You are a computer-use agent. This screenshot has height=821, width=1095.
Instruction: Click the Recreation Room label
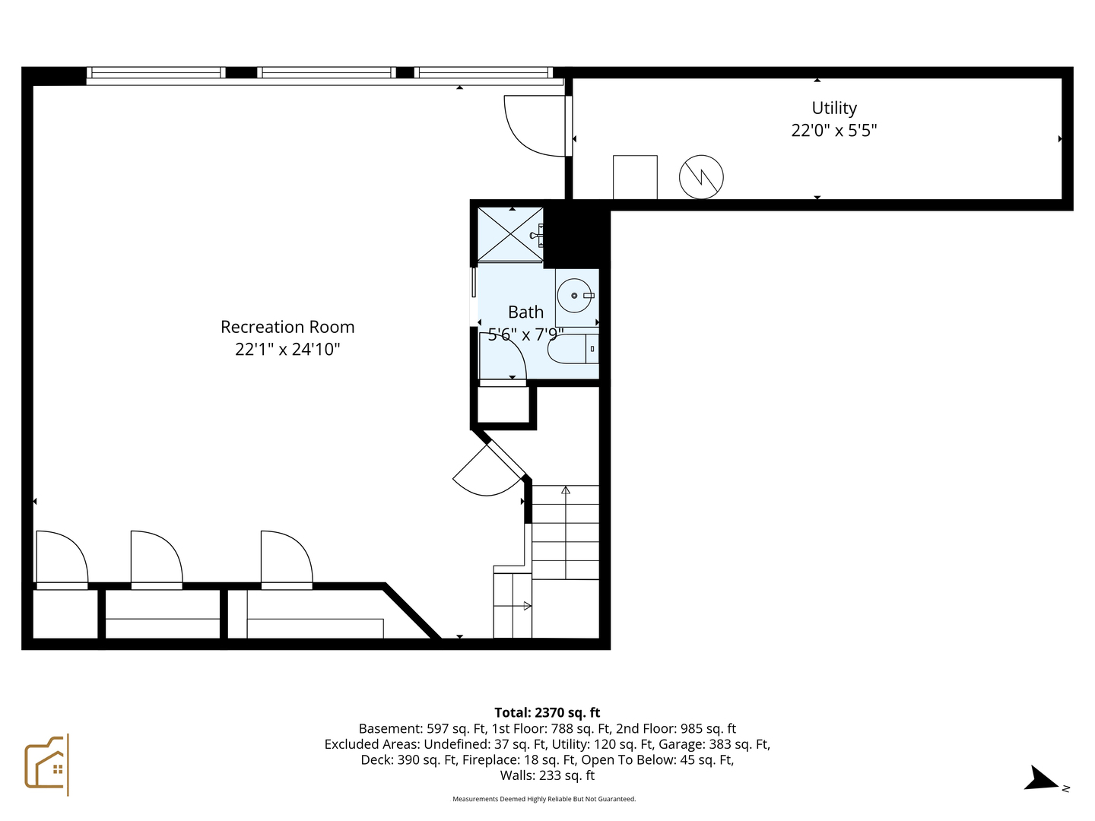coord(287,327)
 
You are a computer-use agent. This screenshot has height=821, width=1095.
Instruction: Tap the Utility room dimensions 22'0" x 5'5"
coord(833,131)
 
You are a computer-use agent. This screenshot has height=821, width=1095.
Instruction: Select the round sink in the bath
coord(574,296)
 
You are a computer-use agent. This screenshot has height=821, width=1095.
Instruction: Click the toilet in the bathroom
coord(572,349)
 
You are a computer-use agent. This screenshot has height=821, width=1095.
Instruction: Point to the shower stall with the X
coord(509,234)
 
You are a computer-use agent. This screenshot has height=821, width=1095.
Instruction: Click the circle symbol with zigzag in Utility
coord(700,177)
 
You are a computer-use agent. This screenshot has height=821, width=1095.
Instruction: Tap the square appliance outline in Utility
coord(635,177)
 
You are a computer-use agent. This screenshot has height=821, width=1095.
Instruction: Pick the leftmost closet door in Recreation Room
coord(61,559)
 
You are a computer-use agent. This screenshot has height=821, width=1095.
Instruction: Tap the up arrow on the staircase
coord(565,491)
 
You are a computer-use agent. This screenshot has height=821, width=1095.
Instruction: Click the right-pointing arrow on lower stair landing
coord(526,606)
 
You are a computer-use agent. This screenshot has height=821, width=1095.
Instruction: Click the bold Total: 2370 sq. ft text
coord(547,712)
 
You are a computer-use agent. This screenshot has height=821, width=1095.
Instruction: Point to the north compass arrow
coord(1040,779)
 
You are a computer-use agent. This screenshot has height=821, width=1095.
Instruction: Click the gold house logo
coord(46,764)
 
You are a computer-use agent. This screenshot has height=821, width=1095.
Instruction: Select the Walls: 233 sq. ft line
coord(547,775)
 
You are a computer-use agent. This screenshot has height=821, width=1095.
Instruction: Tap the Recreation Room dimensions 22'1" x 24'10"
coord(287,350)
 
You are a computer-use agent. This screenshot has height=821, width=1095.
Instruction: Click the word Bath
coord(525,312)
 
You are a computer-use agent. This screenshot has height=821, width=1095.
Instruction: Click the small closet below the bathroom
coord(503,405)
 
